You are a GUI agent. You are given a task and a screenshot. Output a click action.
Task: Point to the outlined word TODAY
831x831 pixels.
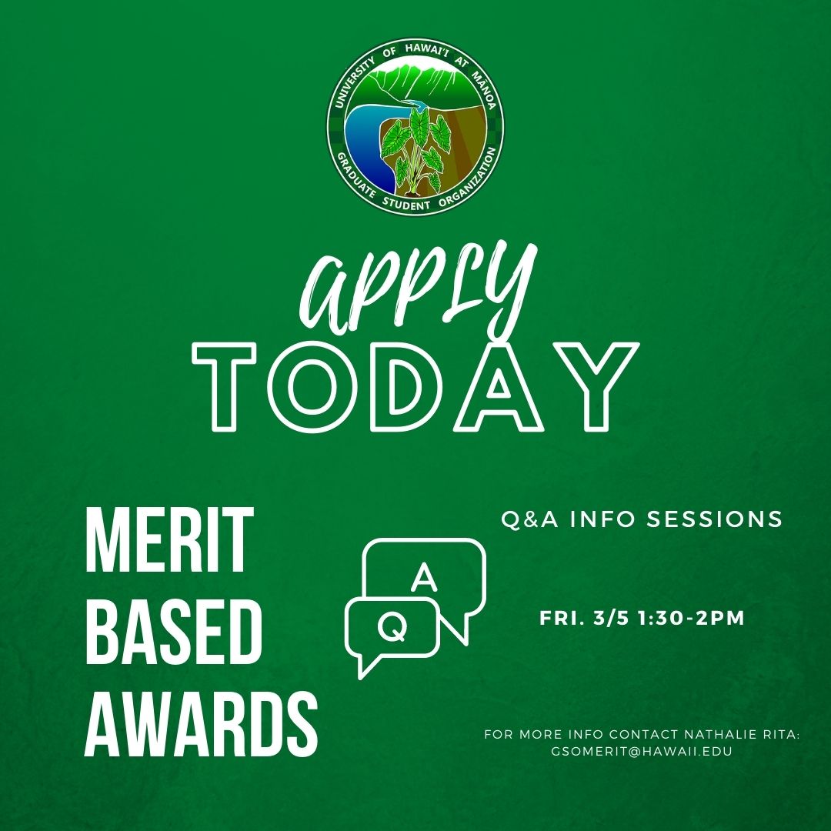click(416, 385)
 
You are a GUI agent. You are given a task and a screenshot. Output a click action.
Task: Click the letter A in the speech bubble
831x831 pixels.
click(425, 577)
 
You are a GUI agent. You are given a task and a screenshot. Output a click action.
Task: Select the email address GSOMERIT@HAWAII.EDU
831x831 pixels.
click(641, 751)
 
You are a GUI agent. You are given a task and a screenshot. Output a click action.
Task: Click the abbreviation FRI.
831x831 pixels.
click(562, 619)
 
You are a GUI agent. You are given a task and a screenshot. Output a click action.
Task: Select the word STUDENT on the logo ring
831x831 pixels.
click(406, 202)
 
